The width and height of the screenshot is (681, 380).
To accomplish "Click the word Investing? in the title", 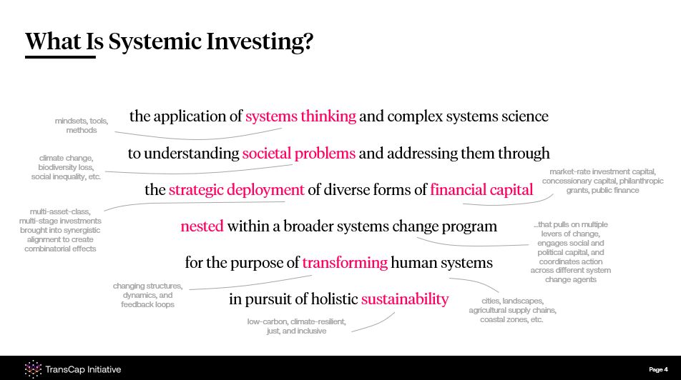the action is [259, 42].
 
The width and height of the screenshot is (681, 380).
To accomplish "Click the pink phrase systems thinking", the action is [300, 116].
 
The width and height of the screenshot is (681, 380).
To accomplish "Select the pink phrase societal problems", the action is [299, 153].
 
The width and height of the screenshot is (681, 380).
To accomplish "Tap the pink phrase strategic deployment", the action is [236, 190].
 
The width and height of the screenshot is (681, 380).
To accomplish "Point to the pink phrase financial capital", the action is [481, 189].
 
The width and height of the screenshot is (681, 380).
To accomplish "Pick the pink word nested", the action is [202, 226].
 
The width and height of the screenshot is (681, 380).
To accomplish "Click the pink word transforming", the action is [345, 263].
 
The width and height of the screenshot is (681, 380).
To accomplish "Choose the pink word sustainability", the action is [405, 299].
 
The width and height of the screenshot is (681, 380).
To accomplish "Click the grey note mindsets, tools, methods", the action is [82, 126].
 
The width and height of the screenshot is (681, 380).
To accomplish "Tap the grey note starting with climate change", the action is [66, 167].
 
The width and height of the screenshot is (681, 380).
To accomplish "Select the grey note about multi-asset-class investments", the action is [60, 230].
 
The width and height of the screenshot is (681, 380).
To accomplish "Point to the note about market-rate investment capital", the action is [602, 181].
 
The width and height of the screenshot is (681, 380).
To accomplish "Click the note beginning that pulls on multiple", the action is [571, 252].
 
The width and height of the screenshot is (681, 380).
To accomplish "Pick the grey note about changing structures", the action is [147, 295].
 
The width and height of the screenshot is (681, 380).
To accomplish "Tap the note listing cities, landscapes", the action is [512, 310].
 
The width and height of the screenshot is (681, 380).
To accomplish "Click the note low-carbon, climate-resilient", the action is [297, 326].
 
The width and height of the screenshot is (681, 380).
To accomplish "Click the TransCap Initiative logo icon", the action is [33, 369].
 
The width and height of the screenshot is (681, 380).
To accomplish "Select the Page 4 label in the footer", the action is [658, 369].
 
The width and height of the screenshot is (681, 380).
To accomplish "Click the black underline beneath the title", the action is [60, 57].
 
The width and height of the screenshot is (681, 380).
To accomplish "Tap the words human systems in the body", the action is [441, 263].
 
